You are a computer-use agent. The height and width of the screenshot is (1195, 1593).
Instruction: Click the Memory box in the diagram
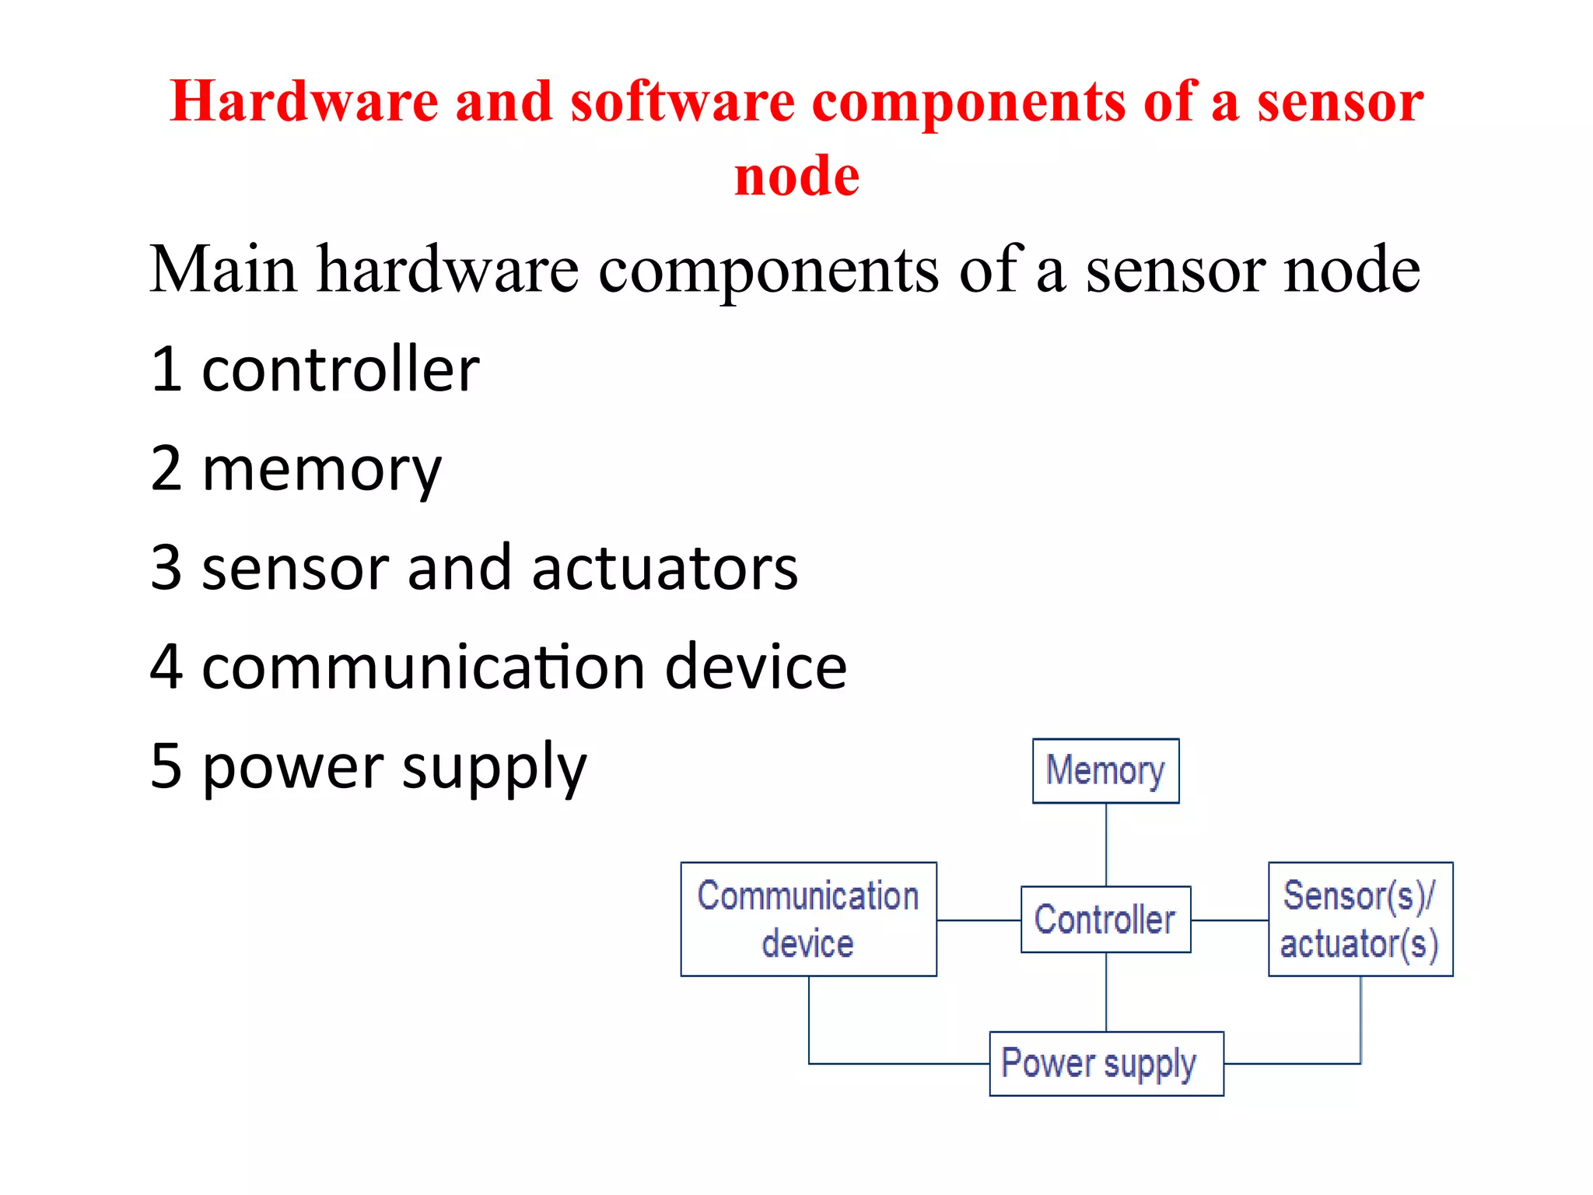1105,770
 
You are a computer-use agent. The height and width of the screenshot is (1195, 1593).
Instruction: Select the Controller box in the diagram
1105,920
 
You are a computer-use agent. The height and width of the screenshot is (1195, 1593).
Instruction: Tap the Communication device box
808,919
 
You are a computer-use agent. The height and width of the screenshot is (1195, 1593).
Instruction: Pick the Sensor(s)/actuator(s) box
1360,919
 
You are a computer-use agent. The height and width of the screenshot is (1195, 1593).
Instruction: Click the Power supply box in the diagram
1105,1064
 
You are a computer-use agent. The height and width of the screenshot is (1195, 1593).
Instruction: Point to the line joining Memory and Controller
1106,844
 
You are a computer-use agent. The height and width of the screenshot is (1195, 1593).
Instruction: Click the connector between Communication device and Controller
979,920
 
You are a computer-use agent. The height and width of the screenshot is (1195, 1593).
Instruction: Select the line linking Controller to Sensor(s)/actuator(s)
1230,920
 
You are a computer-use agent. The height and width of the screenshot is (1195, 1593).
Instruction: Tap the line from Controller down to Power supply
1106,992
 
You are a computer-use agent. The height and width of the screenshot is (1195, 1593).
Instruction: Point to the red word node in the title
796,176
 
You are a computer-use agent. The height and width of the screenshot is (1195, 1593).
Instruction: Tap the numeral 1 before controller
166,370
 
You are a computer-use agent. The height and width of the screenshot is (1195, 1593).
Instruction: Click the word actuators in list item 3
664,568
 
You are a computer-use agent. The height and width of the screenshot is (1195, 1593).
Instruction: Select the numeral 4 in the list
166,667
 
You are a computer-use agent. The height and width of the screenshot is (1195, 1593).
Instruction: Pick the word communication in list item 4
423,667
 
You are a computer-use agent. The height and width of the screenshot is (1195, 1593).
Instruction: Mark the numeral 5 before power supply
166,766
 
